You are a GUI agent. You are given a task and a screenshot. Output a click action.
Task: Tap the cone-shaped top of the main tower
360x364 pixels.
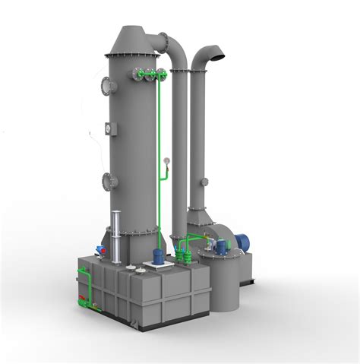pos(134,37)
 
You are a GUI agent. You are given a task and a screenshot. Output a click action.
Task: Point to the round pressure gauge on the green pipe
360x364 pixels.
pos(166,160)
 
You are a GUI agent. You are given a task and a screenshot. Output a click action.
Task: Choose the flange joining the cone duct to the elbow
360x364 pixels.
pos(162,40)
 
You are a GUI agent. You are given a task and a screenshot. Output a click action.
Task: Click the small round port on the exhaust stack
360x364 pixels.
pos(203,182)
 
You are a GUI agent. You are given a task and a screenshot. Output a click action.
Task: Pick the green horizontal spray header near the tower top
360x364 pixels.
pos(149,74)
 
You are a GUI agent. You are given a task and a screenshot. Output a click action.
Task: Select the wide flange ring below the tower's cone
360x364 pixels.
pos(134,54)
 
